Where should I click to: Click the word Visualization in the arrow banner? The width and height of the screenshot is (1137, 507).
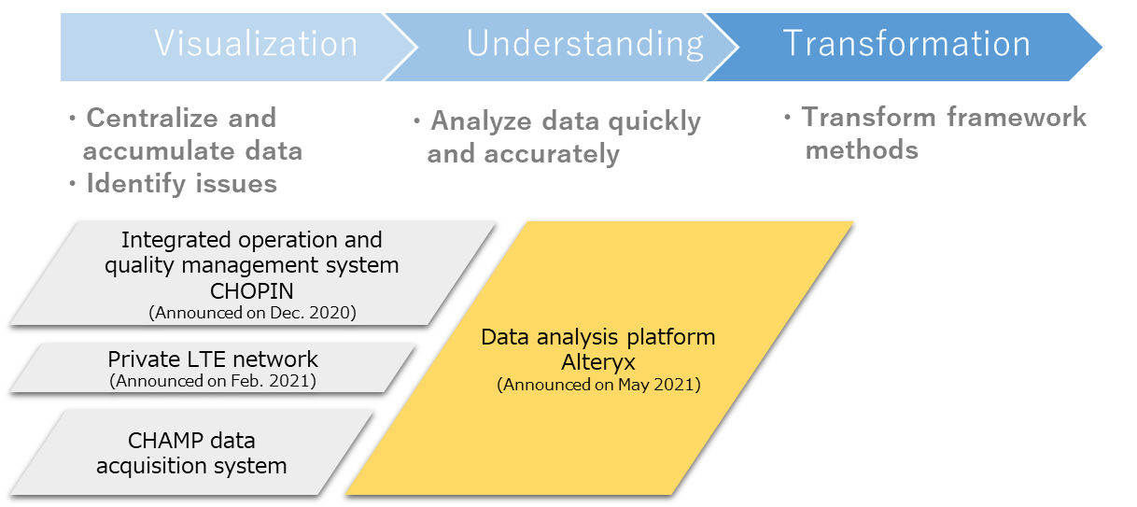coord(257,44)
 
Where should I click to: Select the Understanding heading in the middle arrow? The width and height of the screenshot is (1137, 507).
coord(584,45)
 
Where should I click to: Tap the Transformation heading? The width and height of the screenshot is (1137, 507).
coord(906,44)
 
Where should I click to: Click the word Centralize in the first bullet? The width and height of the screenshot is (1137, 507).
coord(153,119)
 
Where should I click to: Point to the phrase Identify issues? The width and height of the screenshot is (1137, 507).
coord(182,184)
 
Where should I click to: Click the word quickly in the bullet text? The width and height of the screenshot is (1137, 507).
coord(654,122)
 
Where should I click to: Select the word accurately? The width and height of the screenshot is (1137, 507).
coord(552,154)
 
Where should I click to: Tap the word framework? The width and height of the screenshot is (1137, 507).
coord(1017,118)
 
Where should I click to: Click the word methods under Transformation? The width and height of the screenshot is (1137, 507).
coord(862,150)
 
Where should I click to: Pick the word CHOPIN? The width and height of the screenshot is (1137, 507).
coord(252,291)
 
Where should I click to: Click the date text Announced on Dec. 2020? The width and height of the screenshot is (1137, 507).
coord(252,313)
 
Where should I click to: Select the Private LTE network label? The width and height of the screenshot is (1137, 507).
coord(213,359)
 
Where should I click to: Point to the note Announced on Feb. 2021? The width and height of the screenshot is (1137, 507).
coord(213,381)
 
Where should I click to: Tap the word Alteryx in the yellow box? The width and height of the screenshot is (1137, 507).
coord(598,362)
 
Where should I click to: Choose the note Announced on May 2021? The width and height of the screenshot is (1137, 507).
coord(598,385)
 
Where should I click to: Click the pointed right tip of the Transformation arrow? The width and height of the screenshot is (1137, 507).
coord(1102,48)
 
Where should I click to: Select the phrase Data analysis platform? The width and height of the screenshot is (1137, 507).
coord(598,337)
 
